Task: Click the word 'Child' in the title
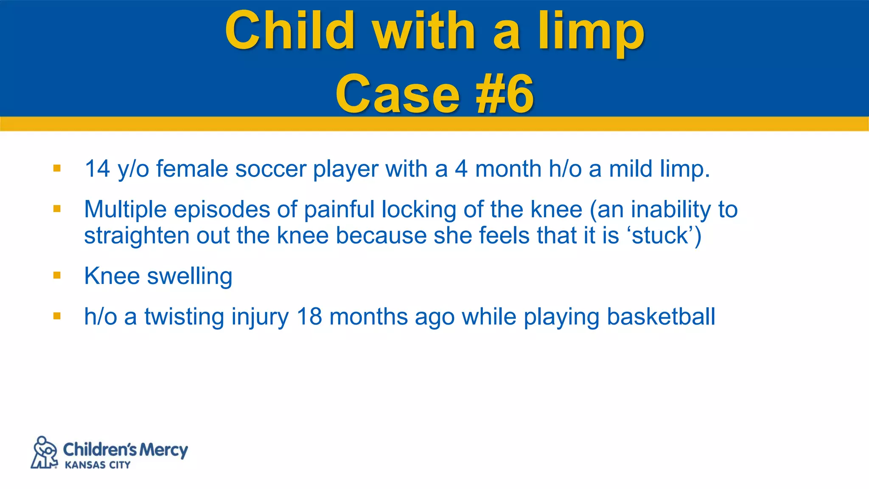click(x=290, y=31)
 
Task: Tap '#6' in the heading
click(x=505, y=93)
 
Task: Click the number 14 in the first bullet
click(x=97, y=169)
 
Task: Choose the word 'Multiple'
click(x=125, y=210)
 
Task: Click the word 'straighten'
click(x=136, y=236)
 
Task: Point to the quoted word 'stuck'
click(x=659, y=236)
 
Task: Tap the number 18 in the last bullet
click(x=309, y=317)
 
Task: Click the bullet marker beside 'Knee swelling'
click(x=57, y=276)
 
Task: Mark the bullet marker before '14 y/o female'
click(x=57, y=169)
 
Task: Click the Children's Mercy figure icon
click(x=44, y=452)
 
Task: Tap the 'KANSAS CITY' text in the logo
click(x=98, y=465)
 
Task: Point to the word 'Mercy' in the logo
click(x=163, y=450)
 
